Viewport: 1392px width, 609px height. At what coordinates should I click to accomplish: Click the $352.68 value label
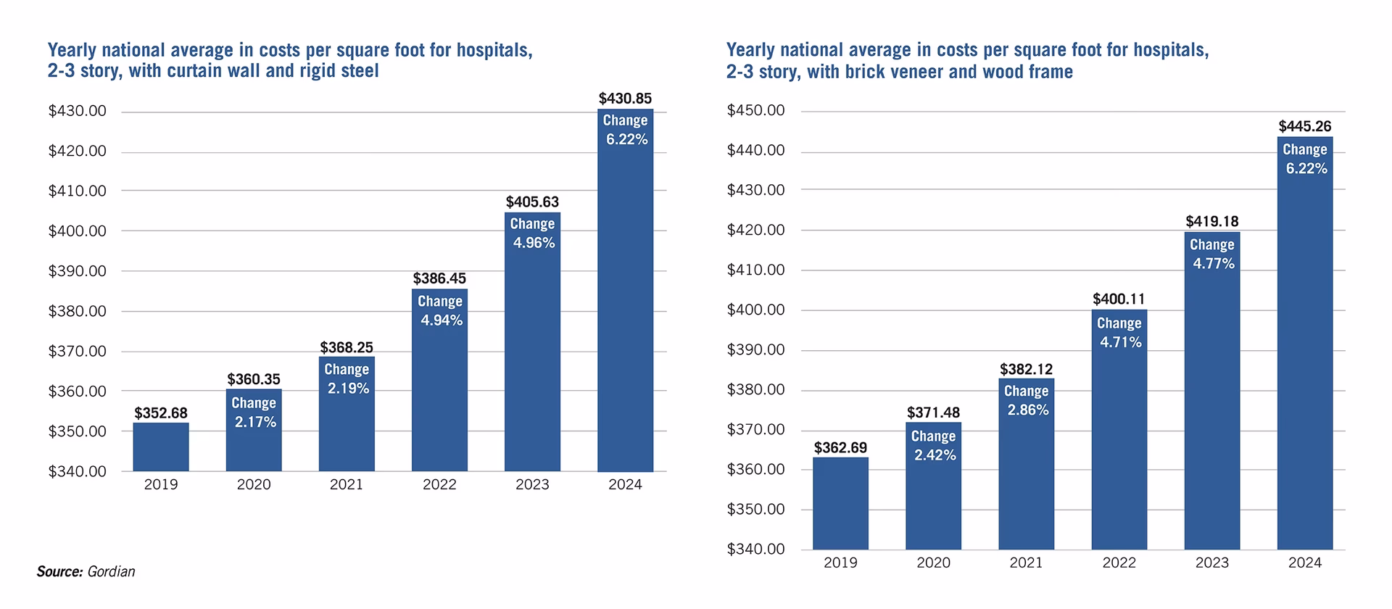pos(161,413)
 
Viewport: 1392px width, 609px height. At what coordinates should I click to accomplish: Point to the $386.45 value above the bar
pos(439,279)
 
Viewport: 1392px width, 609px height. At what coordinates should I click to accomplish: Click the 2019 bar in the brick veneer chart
pos(840,504)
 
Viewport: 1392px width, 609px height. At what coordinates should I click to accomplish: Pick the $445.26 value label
pos(1305,127)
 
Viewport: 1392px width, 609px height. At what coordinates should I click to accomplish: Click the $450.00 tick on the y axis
pos(755,111)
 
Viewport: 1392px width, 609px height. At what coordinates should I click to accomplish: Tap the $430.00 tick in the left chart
pos(77,112)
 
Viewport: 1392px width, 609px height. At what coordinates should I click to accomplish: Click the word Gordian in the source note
pos(111,572)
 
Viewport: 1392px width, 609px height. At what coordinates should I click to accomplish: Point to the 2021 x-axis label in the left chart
pos(347,485)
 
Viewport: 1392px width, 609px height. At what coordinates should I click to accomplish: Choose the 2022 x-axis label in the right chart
pos(1119,563)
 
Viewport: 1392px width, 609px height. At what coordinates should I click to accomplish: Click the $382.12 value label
pos(1026,370)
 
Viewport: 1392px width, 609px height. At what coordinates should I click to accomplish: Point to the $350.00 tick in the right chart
pos(755,510)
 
